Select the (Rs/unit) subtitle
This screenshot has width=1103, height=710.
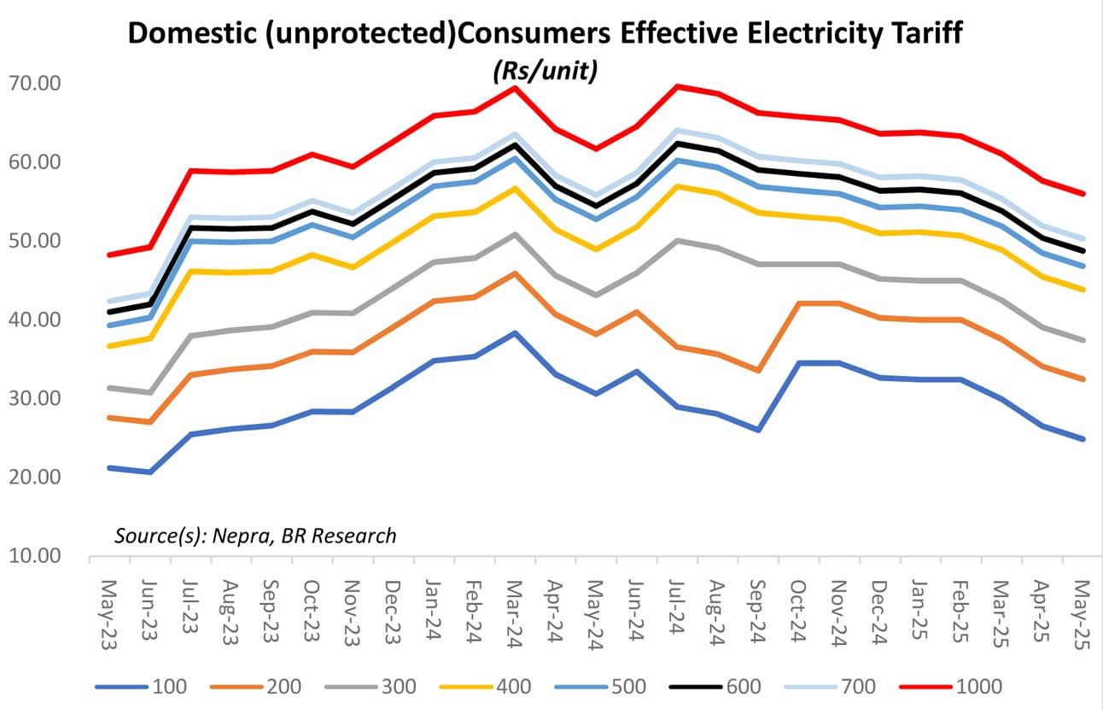(544, 73)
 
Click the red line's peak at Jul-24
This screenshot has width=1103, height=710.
(676, 85)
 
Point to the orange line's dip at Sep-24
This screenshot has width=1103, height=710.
(757, 371)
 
